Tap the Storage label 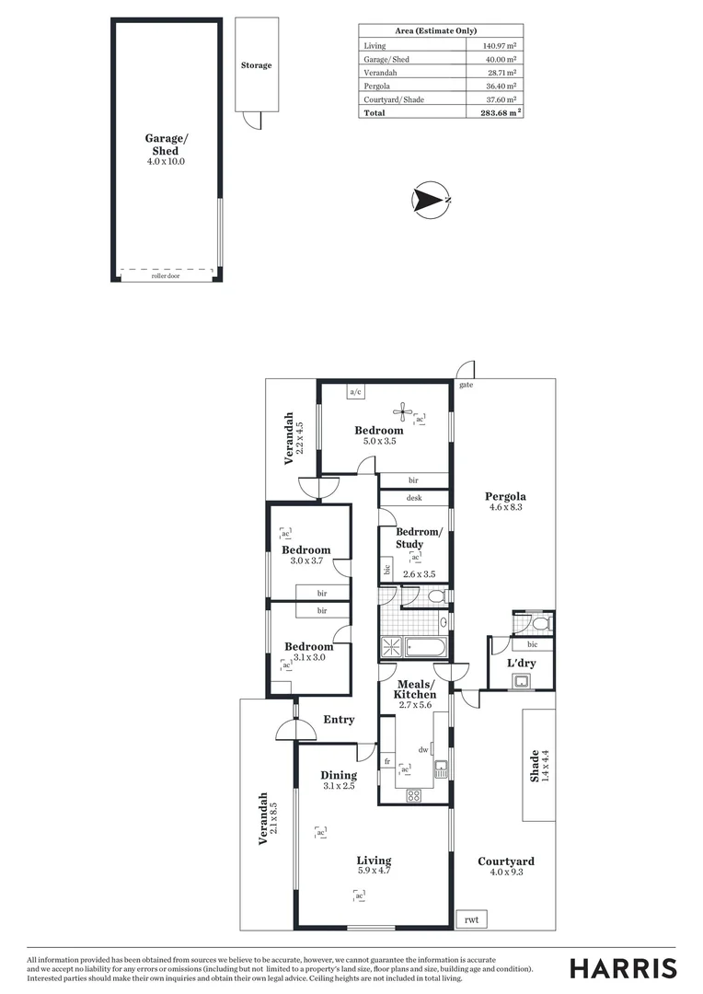click(x=257, y=65)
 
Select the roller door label click(x=166, y=275)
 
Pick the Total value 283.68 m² click(x=501, y=113)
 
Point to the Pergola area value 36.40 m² click(x=501, y=86)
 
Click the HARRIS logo click(x=623, y=968)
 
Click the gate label click(x=466, y=385)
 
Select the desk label click(x=413, y=499)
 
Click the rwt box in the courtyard click(x=471, y=919)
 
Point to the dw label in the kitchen click(x=423, y=750)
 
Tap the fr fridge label click(x=387, y=761)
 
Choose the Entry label click(x=339, y=720)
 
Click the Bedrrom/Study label click(x=419, y=537)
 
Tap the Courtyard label click(x=505, y=861)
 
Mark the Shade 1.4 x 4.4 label click(x=539, y=766)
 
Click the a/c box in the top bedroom click(x=355, y=392)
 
